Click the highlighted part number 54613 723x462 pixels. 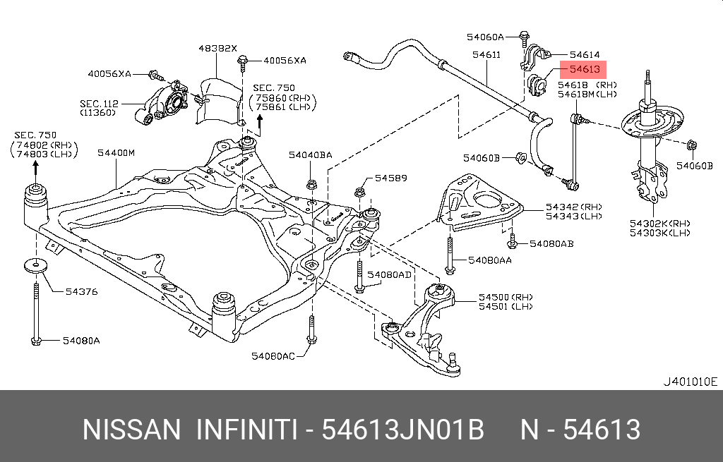pos(584,69)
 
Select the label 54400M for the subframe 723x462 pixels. pos(116,152)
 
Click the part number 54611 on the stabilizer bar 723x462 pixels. pos(487,54)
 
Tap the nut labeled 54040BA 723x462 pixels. pos(311,186)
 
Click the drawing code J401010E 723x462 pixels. pos(689,382)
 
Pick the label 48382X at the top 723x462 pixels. pos(217,49)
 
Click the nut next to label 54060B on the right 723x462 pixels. pos(691,146)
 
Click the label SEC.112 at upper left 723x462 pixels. pos(98,103)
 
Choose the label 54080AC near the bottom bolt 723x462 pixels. pos(273,356)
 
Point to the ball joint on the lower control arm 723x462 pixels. pos(453,365)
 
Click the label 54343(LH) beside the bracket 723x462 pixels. pos(573,217)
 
